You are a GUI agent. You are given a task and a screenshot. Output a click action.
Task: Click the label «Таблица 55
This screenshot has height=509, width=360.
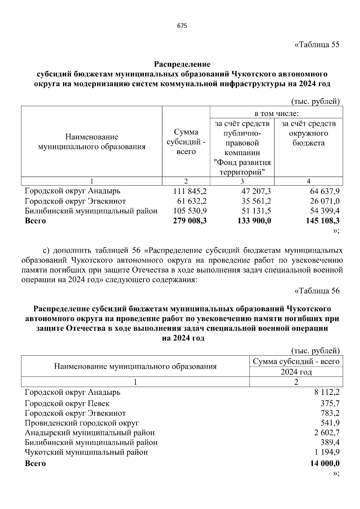pos(317,45)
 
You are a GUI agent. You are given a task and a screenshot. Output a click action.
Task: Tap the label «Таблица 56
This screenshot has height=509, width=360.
pos(317,291)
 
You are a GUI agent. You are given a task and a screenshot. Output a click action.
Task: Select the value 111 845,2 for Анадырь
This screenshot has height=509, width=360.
pos(190,191)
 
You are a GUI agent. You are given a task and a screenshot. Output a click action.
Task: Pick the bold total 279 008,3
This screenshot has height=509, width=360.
pos(190,221)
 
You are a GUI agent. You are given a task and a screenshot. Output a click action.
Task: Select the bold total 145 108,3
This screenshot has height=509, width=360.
pos(322,221)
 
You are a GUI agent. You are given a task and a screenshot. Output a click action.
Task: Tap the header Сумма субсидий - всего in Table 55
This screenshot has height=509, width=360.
pos(186,142)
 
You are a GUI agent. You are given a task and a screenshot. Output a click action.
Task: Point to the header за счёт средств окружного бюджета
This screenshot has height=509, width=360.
pos(309,133)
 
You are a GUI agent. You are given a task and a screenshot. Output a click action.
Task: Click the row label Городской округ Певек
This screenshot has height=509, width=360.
pos(67,403)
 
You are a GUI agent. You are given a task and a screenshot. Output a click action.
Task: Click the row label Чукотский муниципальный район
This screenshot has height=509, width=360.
pos(86,452)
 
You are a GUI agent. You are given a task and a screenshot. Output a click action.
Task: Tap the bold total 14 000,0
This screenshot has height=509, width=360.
pos(325,463)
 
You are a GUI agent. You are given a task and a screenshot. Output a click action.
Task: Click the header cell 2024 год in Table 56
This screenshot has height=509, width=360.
pos(296,372)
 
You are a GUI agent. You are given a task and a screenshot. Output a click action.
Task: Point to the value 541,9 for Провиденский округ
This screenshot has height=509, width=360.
pos(330,423)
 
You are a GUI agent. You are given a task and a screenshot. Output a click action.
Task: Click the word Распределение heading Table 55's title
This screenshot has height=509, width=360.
pos(182,64)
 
